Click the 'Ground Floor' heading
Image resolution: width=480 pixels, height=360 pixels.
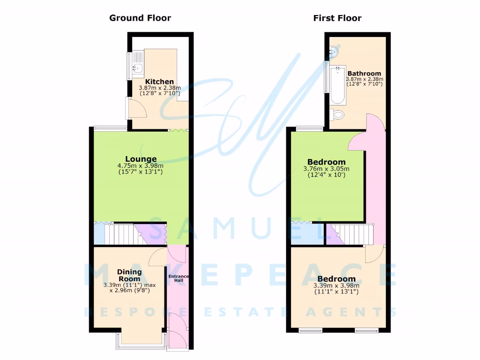tap(140, 18)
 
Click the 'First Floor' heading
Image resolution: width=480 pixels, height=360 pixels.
tap(337, 18)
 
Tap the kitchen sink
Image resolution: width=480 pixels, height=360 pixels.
tap(136, 68)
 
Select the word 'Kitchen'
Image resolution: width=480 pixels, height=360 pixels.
tap(159, 82)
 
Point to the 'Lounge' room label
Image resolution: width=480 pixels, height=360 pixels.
tap(141, 159)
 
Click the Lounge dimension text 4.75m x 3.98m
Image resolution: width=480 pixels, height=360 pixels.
tap(141, 165)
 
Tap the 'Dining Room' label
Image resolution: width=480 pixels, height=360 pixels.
tap(129, 275)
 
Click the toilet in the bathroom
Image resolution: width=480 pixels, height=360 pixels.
tap(337, 114)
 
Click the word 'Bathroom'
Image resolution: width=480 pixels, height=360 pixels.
tap(364, 74)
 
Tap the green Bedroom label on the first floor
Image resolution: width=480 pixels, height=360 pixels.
tap(326, 162)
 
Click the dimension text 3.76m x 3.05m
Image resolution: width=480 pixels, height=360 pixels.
tap(326, 169)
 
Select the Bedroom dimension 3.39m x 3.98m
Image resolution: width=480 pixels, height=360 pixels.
tap(336, 285)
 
